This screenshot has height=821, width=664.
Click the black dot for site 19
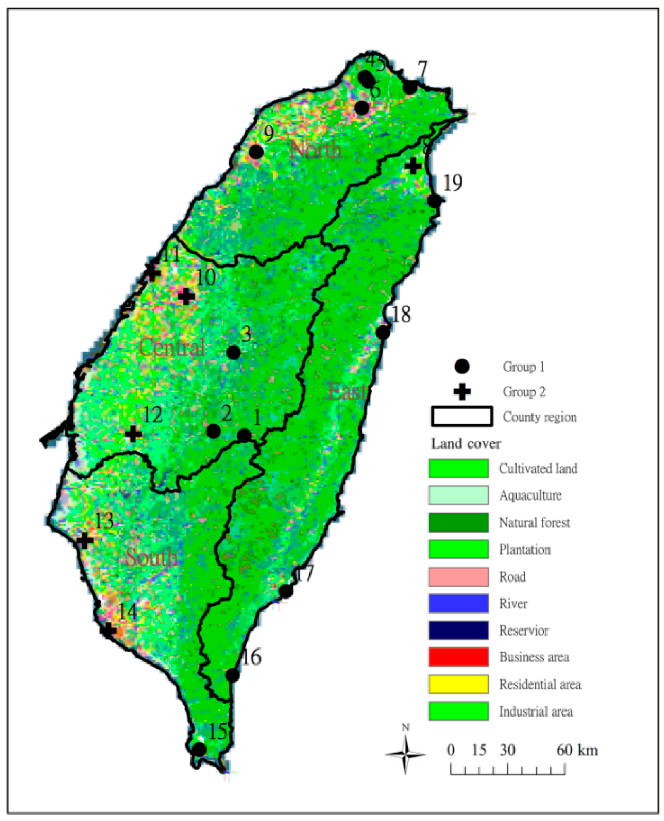[434, 201]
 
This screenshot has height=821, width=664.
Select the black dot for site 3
[234, 352]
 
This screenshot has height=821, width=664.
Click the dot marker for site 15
[199, 749]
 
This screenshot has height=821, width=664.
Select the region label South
[152, 557]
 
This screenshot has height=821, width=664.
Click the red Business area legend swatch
[458, 657]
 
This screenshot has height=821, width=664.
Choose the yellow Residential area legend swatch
[458, 684]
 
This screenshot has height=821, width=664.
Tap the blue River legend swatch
[458, 603]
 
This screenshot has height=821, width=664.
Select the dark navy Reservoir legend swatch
[458, 630]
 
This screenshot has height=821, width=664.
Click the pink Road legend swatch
[458, 576]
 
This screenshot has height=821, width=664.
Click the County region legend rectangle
[462, 417]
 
